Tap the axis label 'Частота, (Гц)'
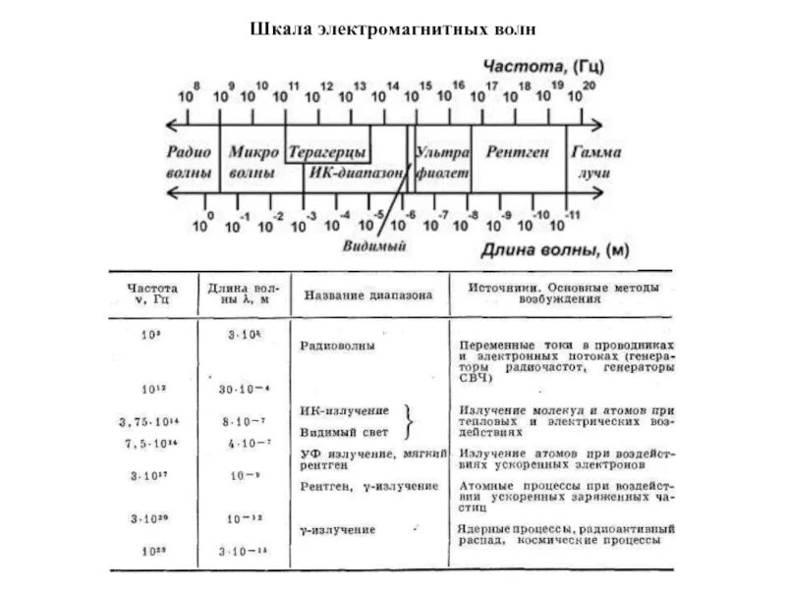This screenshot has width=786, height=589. tap(544, 66)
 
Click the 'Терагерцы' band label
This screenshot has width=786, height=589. tap(327, 154)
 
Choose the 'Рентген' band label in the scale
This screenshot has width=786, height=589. tap(518, 154)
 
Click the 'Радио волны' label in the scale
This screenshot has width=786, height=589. tap(189, 163)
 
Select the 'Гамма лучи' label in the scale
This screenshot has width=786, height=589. tap(596, 163)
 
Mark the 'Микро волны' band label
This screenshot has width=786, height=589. tap(252, 163)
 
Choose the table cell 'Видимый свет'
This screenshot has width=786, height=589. tap(344, 432)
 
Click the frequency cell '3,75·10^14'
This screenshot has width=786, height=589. tap(148, 422)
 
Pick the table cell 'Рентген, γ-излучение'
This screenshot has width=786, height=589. tap(368, 486)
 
